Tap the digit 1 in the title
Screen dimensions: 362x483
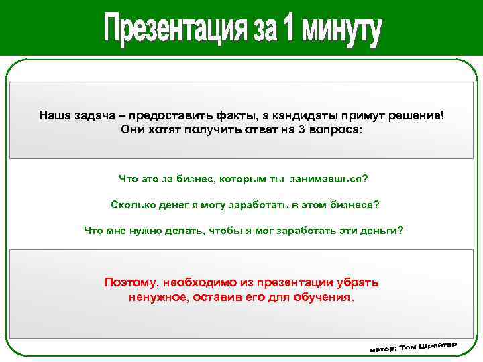288,30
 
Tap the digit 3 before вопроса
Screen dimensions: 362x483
301,129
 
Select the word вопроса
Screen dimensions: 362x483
335,129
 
